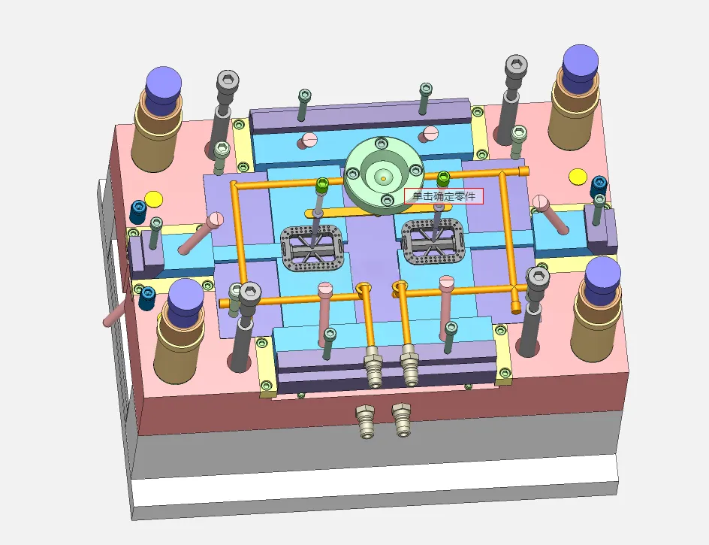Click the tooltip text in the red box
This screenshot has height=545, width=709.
pyautogui.click(x=444, y=196)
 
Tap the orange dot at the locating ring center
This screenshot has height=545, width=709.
pyautogui.click(x=384, y=179)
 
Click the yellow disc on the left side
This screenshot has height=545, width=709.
pyautogui.click(x=154, y=198)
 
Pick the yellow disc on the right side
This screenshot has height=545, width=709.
pyautogui.click(x=578, y=176)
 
